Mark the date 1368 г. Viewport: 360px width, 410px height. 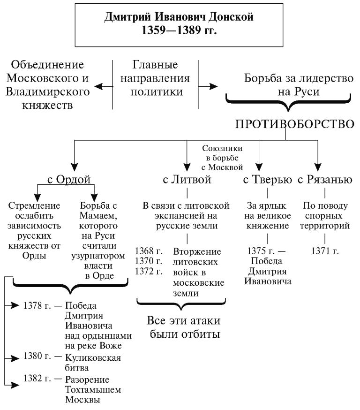tap(149, 251)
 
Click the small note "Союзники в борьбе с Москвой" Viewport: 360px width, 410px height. tap(222, 157)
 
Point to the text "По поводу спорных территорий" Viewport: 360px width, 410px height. tap(325, 216)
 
